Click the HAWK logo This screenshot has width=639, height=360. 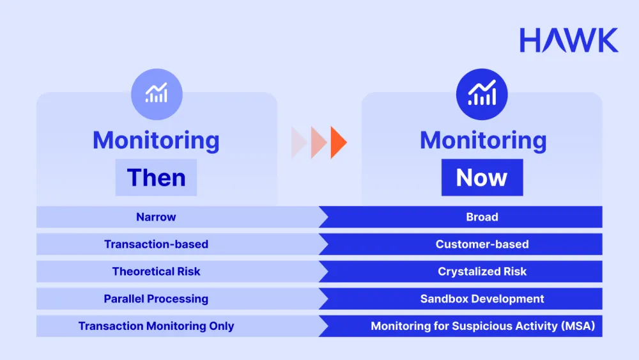(x=569, y=40)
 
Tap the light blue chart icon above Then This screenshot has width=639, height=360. (x=157, y=95)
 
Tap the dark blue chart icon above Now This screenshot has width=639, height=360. (x=481, y=95)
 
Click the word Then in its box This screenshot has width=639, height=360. (x=156, y=177)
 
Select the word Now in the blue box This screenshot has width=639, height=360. (x=482, y=177)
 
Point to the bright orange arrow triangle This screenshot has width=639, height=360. (x=338, y=143)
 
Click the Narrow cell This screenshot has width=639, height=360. (x=156, y=217)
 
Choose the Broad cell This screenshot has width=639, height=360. (x=482, y=217)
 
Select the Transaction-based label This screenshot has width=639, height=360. (x=156, y=244)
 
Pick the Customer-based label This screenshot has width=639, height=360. (x=482, y=244)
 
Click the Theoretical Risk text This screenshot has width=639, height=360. (x=156, y=271)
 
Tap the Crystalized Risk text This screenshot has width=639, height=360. (x=482, y=271)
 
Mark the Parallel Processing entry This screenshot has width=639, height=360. (x=156, y=299)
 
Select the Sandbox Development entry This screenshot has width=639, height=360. (x=482, y=299)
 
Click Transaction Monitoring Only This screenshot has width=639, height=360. (x=156, y=326)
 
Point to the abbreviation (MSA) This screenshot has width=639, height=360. (x=577, y=326)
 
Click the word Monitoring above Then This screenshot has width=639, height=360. (x=156, y=140)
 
